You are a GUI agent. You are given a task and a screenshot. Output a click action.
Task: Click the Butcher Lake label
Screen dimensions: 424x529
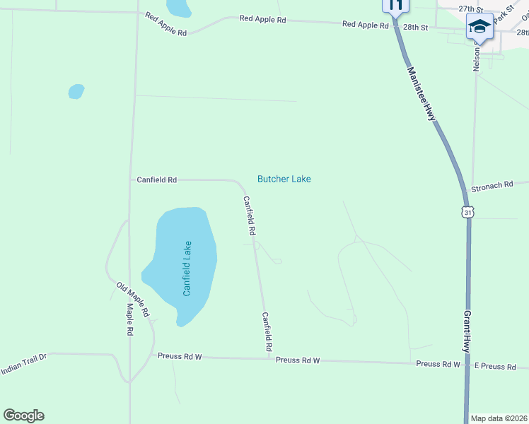tap(284, 179)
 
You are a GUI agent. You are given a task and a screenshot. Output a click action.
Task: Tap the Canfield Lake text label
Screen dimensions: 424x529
tap(187, 269)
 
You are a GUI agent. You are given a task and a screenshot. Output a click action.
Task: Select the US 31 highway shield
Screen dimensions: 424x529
tap(467, 212)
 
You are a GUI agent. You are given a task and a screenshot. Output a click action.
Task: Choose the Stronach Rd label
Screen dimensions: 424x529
tap(492, 185)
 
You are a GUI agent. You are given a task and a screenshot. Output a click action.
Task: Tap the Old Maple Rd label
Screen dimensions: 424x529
tap(133, 298)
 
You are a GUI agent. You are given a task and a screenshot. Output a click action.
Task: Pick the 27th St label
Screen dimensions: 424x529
tap(470, 9)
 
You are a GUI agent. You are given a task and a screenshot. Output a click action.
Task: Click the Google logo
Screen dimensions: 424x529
tap(23, 416)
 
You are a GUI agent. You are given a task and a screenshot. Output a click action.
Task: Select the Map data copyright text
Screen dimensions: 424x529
tap(499, 418)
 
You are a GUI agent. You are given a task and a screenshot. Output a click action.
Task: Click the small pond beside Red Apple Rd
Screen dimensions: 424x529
tap(178, 8)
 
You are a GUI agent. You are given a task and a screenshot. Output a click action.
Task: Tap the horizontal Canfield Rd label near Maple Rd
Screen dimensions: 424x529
tap(156, 180)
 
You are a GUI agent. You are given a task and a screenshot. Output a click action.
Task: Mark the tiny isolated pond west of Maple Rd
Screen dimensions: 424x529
tap(76, 91)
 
